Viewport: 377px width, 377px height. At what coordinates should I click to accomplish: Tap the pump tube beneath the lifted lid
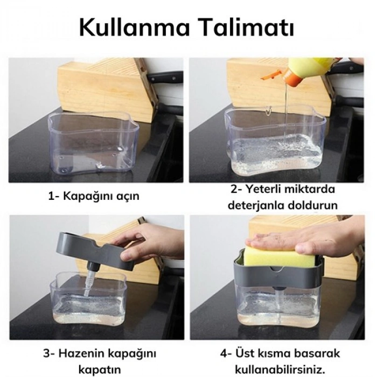tap(89, 280)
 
